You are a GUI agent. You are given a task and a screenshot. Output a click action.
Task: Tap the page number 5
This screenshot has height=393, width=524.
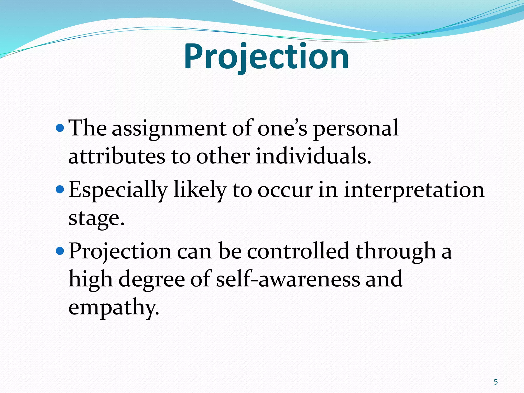tap(496, 382)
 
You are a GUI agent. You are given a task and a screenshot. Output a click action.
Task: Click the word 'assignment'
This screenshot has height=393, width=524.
tap(169, 129)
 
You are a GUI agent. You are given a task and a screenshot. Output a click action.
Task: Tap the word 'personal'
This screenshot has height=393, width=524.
tap(356, 129)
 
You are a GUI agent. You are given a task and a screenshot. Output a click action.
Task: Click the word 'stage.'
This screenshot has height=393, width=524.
tap(96, 218)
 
